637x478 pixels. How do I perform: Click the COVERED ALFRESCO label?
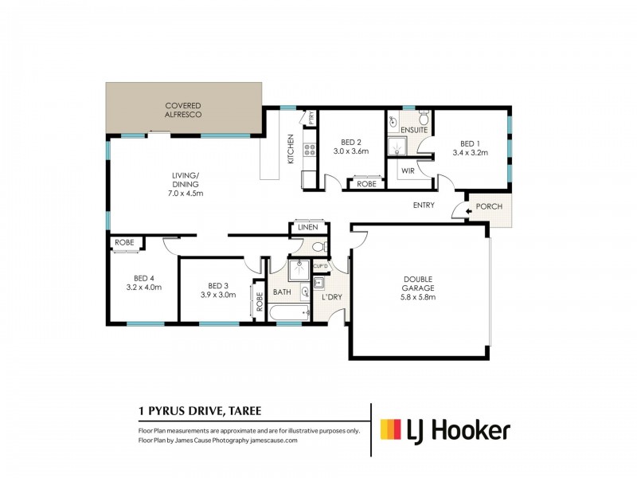(183, 110)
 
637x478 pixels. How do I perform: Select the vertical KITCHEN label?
(291, 149)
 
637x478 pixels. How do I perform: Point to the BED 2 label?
(352, 143)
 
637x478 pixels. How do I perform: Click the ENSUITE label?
(414, 129)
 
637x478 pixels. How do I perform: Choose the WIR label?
(408, 170)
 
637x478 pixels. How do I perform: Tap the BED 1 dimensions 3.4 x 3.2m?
(470, 152)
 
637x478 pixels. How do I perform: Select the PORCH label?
(488, 208)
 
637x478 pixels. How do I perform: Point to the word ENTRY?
(424, 206)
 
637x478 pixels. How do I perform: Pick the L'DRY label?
(331, 297)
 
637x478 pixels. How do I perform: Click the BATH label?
(283, 292)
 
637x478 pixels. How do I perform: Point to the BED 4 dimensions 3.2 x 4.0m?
(143, 287)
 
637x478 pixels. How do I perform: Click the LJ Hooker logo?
(444, 431)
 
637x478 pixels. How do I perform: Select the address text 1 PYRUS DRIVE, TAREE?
(200, 411)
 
